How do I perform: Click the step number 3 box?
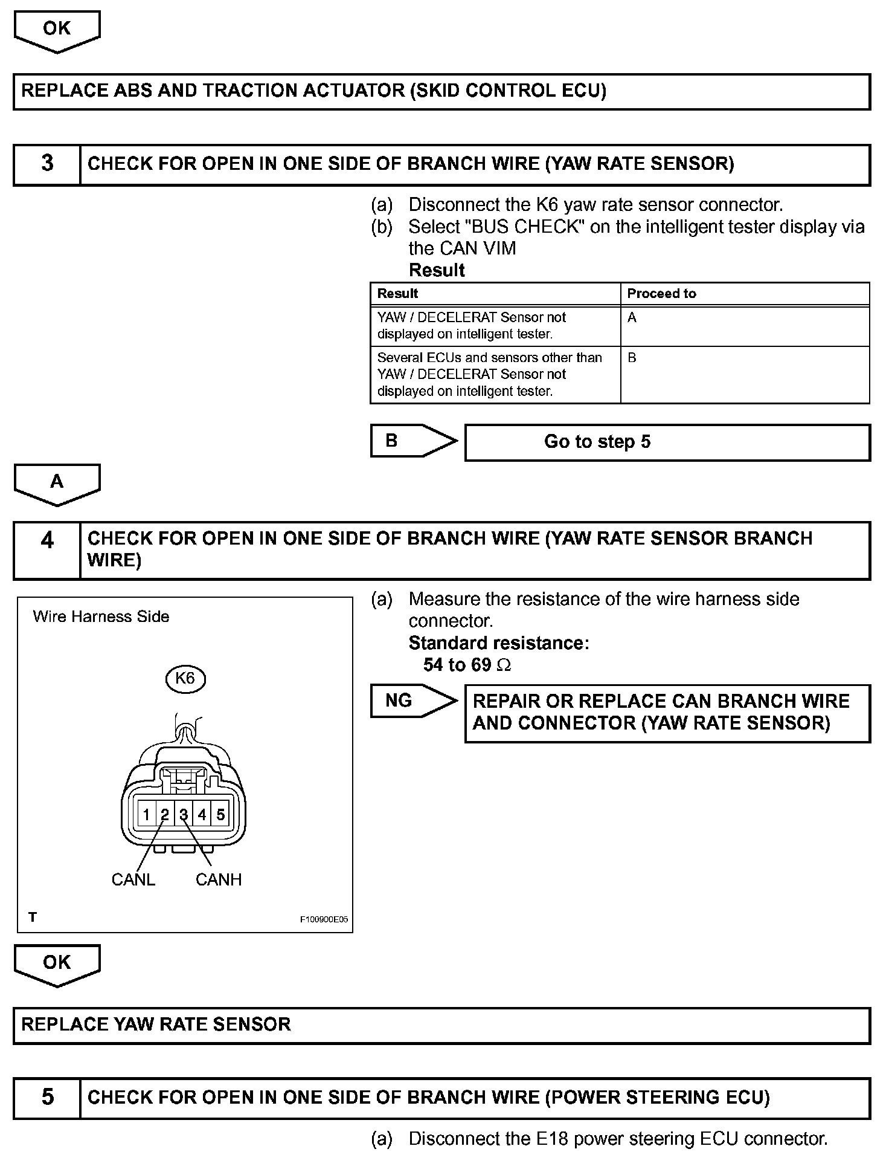47,164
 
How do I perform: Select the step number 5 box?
47,1097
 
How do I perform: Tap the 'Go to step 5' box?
667,442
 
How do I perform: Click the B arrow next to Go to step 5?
413,441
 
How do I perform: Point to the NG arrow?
413,701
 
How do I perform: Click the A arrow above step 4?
57,484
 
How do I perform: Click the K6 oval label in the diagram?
185,679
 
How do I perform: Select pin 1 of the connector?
146,815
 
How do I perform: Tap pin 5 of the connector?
220,815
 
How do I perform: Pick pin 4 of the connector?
202,815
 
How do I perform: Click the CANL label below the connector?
133,879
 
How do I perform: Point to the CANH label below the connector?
219,879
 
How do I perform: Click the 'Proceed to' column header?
661,294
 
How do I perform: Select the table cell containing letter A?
744,326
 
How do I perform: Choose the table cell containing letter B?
744,374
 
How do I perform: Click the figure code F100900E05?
324,919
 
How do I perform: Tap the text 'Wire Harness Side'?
101,617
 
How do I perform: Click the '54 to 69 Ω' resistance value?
467,665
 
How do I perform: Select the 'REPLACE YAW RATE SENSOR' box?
441,1024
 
